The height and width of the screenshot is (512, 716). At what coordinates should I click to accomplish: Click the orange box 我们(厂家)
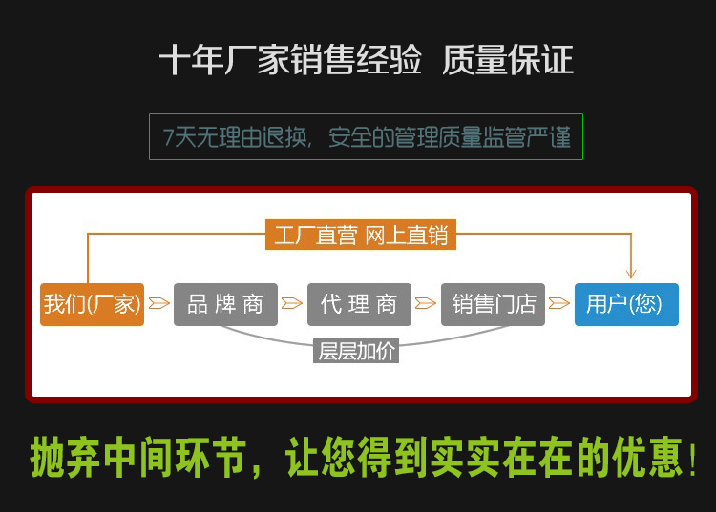(x=92, y=304)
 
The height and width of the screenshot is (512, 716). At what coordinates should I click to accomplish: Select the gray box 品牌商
(x=225, y=304)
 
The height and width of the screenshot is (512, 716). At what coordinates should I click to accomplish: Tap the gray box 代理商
(x=359, y=304)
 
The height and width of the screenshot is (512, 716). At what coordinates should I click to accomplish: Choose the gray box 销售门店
(x=493, y=304)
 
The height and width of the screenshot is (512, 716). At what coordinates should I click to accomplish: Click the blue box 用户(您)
(x=626, y=304)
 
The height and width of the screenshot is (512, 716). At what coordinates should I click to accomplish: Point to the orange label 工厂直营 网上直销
(x=361, y=235)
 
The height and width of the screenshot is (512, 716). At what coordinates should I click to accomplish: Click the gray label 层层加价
(x=355, y=351)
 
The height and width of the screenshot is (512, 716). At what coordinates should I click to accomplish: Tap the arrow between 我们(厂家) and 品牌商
(x=158, y=303)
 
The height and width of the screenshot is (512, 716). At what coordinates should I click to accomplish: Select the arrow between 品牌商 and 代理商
(x=292, y=303)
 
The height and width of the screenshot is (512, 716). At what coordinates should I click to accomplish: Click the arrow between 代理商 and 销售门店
(x=426, y=303)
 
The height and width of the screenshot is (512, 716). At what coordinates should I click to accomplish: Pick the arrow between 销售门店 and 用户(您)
(x=559, y=303)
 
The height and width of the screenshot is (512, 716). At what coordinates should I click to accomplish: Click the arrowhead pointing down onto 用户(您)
(x=630, y=272)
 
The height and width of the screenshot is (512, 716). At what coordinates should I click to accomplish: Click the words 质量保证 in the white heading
(x=508, y=61)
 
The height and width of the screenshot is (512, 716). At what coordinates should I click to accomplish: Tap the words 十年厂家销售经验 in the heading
(x=290, y=61)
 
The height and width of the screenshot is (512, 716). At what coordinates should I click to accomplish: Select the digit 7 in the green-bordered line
(x=168, y=137)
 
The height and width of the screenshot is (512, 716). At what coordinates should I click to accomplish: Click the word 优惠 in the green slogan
(x=649, y=459)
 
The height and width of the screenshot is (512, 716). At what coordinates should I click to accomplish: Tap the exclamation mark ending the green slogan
(x=692, y=461)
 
